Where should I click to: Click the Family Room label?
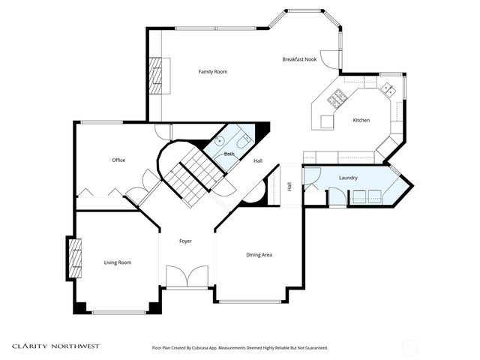[212, 72]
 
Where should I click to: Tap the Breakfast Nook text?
[298, 59]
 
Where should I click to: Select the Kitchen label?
[361, 121]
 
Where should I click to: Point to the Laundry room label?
[347, 178]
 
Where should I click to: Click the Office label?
[118, 160]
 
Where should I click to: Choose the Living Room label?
[118, 262]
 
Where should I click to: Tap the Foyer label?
[186, 241]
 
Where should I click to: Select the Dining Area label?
[259, 255]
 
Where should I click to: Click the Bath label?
[229, 154]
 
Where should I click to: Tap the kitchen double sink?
[388, 89]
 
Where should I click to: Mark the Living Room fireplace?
[74, 258]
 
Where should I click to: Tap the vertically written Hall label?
[289, 187]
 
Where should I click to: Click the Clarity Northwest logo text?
[55, 346]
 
